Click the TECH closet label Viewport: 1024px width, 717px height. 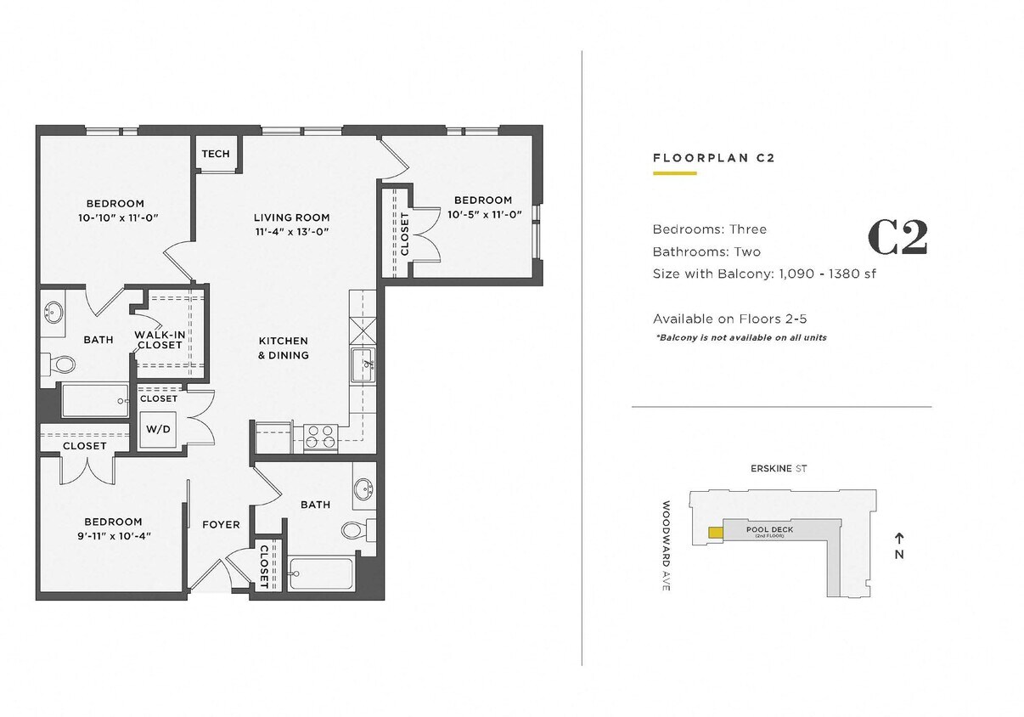(x=215, y=154)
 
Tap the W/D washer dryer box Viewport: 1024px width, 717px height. (x=158, y=429)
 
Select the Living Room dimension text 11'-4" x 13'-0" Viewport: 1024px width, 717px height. (x=291, y=231)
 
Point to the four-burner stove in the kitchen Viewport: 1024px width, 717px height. (x=321, y=437)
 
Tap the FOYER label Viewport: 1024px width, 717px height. (x=221, y=525)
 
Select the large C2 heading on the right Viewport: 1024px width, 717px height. (x=897, y=239)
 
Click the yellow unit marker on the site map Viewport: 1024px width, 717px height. (x=716, y=533)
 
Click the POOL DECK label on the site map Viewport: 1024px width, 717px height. (x=769, y=530)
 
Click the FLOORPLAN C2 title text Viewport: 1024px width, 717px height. (x=713, y=158)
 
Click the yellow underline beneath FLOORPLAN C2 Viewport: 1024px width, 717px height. (x=674, y=173)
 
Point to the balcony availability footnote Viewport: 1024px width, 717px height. (x=740, y=337)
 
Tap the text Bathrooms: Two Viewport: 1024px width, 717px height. (x=706, y=251)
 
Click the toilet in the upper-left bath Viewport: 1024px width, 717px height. (x=61, y=365)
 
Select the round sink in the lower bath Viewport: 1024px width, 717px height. (x=364, y=489)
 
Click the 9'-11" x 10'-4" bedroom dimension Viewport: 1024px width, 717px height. (x=113, y=536)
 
